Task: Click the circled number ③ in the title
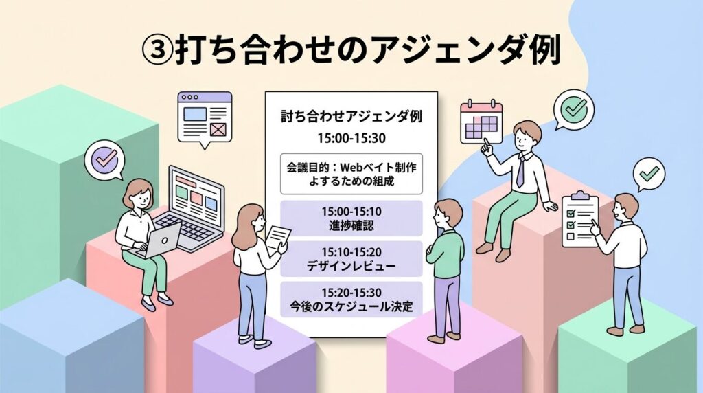[157, 49]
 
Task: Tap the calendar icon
[481, 122]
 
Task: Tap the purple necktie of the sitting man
[520, 170]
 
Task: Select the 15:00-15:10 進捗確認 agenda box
[351, 218]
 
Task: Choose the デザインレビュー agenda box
[351, 259]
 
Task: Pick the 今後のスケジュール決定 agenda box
[351, 300]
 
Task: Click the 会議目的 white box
[351, 174]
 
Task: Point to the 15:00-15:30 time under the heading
[351, 138]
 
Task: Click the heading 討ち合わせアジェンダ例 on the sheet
[351, 116]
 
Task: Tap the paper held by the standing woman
[279, 236]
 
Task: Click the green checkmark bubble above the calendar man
[573, 109]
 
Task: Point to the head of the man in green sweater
[448, 214]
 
